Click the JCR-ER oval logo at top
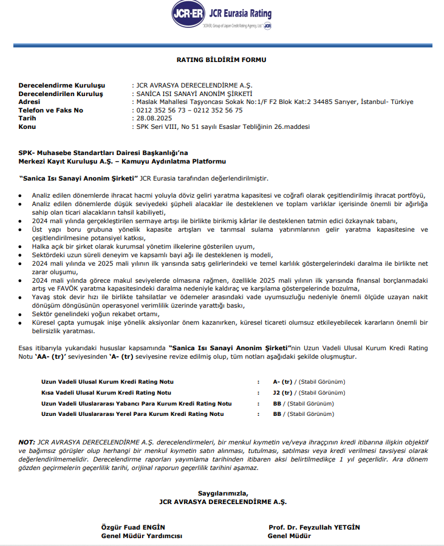tap(188, 14)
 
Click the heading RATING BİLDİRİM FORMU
tap(221, 60)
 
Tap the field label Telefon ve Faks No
tap(50, 110)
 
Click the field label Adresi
tap(32, 102)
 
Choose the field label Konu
tap(27, 127)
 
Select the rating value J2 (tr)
tap(283, 392)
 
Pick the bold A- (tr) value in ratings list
tap(283, 381)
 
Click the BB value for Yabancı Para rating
tap(278, 403)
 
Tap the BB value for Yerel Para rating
tap(278, 414)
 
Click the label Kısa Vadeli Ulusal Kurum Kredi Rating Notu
tap(106, 392)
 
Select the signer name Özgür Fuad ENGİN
tap(132, 526)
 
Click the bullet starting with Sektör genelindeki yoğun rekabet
tap(97, 314)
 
